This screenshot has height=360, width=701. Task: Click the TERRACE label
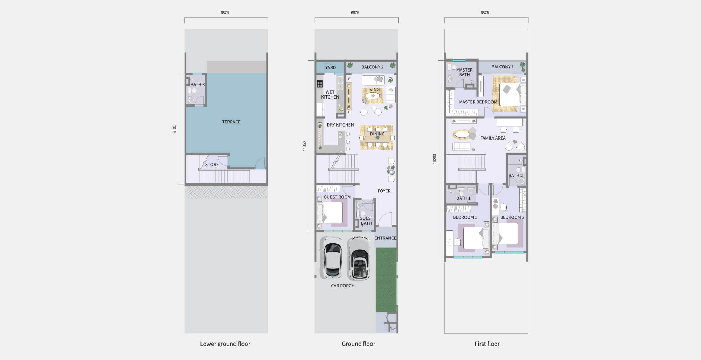click(x=231, y=122)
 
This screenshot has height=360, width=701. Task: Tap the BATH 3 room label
click(x=198, y=84)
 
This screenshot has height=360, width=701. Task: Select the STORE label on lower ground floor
click(x=212, y=164)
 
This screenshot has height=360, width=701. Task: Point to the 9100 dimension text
click(x=175, y=129)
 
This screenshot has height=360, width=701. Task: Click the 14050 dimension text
click(x=305, y=146)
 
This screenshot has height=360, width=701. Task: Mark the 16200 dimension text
click(x=435, y=159)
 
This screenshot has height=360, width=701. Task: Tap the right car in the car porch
click(x=359, y=258)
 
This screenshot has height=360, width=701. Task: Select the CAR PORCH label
click(x=342, y=286)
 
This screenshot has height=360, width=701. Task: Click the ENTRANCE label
click(x=385, y=238)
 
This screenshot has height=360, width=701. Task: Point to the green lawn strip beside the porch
click(x=386, y=280)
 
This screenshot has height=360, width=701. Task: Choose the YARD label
click(x=330, y=68)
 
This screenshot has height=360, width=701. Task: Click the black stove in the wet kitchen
click(x=320, y=83)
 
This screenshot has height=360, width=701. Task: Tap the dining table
click(x=377, y=137)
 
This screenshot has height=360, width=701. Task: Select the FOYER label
click(x=384, y=191)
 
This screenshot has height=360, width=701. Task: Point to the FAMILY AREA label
click(x=493, y=138)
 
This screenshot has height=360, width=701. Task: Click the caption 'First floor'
click(x=487, y=344)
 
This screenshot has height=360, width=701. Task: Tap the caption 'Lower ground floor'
click(x=225, y=344)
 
